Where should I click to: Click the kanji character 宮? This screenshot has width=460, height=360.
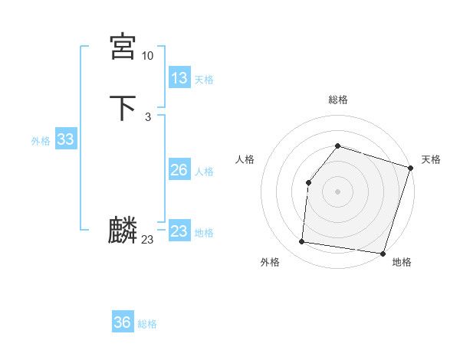coord(123,47)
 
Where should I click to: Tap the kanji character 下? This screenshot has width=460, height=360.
coord(123,108)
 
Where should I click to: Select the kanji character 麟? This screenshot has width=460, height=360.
coord(123,231)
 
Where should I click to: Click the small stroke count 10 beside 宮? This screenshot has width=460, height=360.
coord(147,56)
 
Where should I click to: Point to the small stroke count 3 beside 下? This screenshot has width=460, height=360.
coord(147,116)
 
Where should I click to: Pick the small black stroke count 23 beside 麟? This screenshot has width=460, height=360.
coord(147,240)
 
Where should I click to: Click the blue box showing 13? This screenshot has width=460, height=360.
coord(179,78)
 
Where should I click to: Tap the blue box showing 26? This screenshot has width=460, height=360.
coord(179,170)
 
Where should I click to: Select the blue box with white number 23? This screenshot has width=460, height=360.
coord(179,231)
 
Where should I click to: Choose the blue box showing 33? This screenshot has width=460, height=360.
coord(65,139)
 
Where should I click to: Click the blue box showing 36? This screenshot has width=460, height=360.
coord(123,322)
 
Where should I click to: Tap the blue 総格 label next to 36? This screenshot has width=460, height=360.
coord(147,324)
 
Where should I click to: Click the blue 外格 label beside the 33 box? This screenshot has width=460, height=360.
coord(41,141)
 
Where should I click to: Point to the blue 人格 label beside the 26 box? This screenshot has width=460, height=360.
coord(204,172)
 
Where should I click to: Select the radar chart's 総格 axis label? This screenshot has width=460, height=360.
coord(337,100)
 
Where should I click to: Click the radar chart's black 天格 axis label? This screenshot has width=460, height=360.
coord(431,159)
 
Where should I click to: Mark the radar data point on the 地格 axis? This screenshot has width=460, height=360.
coord(383,253)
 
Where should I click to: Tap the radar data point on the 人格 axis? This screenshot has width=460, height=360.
coord(308,182)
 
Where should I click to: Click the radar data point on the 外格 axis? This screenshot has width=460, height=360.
coord(302,242)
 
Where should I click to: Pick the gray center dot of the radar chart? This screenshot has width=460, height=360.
coord(337,191)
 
